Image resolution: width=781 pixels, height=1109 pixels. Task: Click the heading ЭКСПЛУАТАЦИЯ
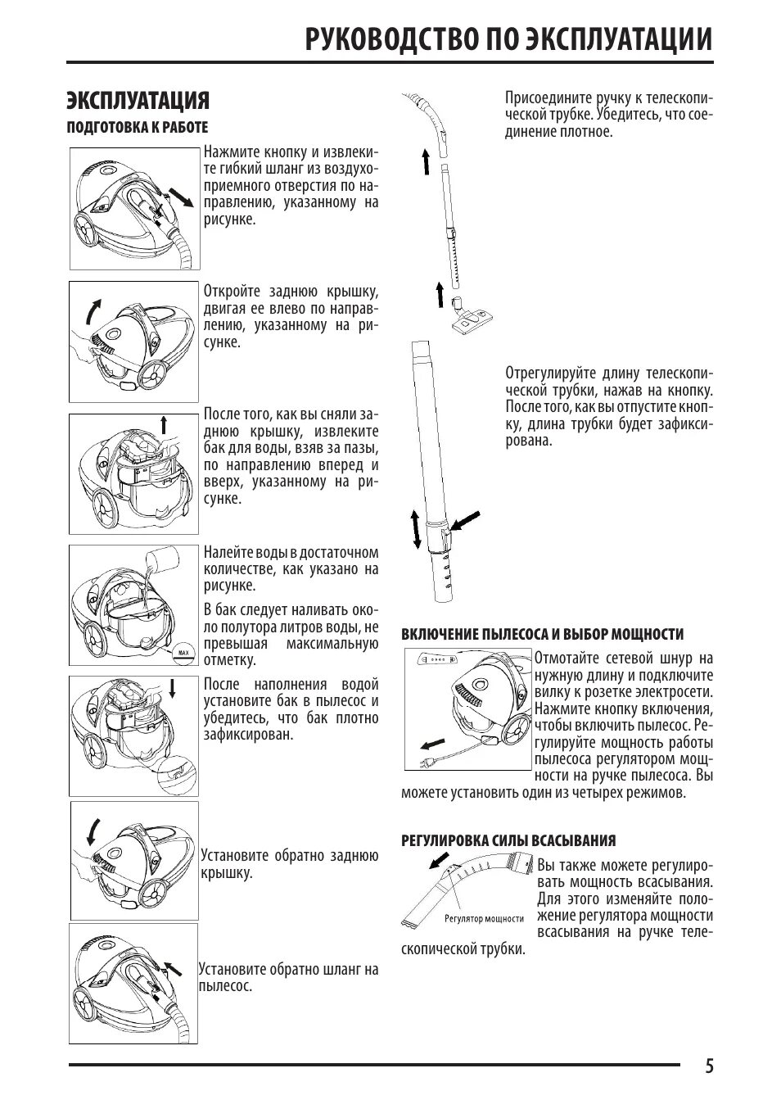coord(138,100)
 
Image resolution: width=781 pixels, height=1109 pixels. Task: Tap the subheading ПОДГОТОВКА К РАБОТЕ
coord(137,128)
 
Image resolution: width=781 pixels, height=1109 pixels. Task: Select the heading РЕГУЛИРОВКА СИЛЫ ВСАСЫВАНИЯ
coord(508,840)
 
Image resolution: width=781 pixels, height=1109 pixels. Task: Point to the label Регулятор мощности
coord(484,919)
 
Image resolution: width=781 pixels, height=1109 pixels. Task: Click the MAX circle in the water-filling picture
coord(183,653)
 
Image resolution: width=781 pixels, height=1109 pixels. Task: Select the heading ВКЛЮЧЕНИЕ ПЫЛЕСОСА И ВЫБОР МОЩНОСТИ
coord(542,635)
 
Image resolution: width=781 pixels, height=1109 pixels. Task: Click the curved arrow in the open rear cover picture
coord(93,310)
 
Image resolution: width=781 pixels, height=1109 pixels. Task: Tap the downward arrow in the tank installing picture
coord(173,686)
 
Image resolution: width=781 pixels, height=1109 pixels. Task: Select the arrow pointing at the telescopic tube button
coord(467,521)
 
